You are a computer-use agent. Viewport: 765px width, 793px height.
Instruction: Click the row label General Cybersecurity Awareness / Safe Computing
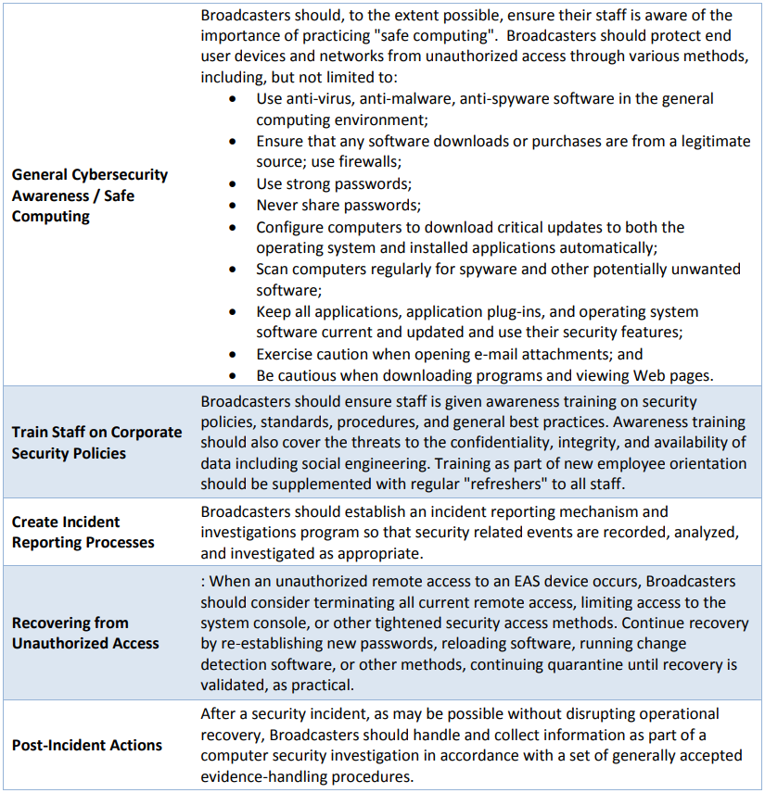tap(90, 195)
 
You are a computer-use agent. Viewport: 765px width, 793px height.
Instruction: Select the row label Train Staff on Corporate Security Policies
tap(96, 443)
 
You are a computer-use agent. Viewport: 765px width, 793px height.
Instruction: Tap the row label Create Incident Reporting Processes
tap(83, 532)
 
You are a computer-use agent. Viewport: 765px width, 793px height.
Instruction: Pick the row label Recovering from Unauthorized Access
tap(85, 633)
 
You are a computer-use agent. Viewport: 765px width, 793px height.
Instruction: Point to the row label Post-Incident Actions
tap(87, 745)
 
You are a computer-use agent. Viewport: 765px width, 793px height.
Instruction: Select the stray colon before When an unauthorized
tap(203, 581)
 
